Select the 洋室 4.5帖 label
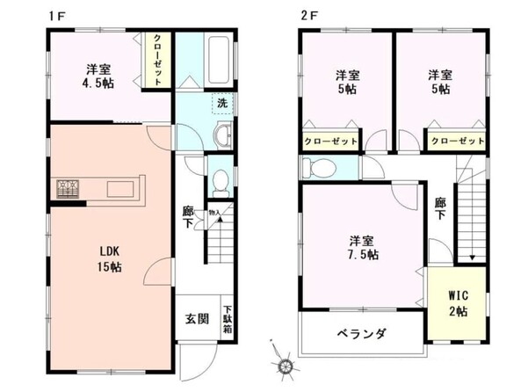[98, 76]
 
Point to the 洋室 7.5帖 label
[363, 247]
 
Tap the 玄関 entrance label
[197, 319]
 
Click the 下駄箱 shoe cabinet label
[227, 318]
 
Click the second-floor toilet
[322, 166]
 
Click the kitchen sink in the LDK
[121, 188]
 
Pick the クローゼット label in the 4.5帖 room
[156, 59]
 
